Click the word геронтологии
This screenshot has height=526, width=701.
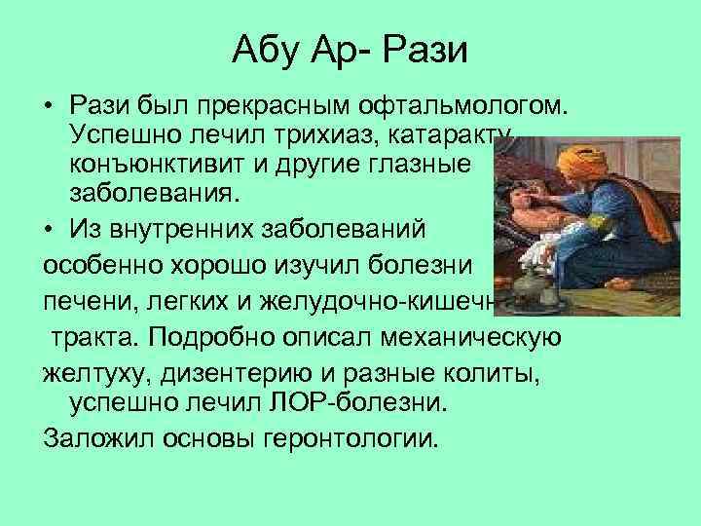[x=350, y=435]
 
